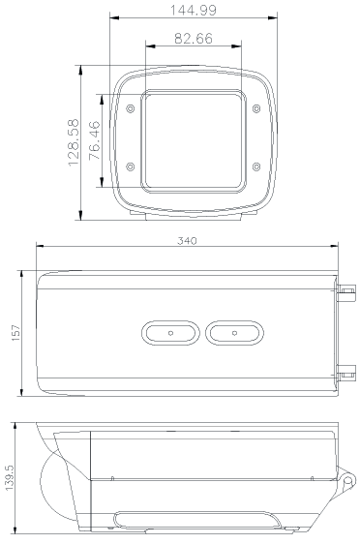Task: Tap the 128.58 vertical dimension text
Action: [x=74, y=145]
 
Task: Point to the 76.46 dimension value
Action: [x=95, y=139]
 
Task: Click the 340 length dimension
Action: [x=187, y=239]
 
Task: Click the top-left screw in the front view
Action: [x=132, y=108]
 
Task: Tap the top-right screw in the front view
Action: [x=255, y=108]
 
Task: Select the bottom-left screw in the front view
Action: [x=132, y=166]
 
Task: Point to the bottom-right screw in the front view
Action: [x=255, y=166]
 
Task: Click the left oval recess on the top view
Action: [x=170, y=332]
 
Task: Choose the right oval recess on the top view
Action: [x=232, y=332]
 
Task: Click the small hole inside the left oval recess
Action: [x=170, y=332]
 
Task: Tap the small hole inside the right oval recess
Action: [x=232, y=332]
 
